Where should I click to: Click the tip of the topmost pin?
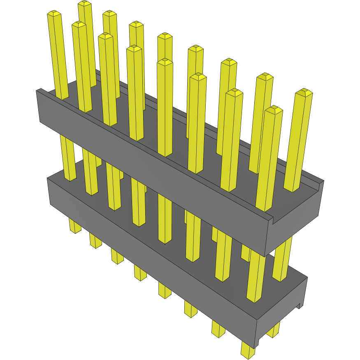pyautogui.click(x=84, y=4)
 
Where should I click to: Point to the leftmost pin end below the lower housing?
pyautogui.click(x=75, y=228)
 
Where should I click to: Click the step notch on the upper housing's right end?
pyautogui.click(x=272, y=218)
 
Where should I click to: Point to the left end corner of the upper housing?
pyautogui.click(x=38, y=91)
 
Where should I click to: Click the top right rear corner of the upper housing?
pyautogui.click(x=323, y=181)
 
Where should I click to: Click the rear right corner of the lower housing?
pyautogui.click(x=307, y=278)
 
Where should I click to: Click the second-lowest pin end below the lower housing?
pyautogui.click(x=218, y=331)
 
